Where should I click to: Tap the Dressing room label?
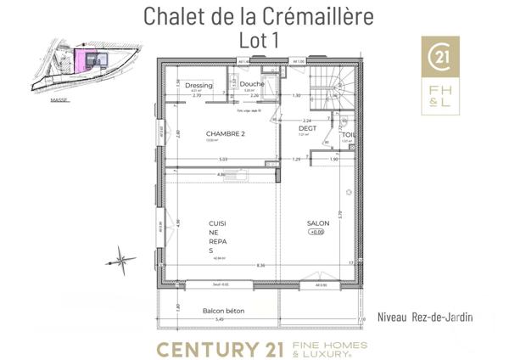tap(199, 86)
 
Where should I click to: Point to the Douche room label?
tap(252, 85)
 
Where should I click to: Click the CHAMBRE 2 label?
tap(226, 134)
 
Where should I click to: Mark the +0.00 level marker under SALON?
tap(316, 232)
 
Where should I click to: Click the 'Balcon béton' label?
tap(224, 311)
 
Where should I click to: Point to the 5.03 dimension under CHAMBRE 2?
tap(223, 159)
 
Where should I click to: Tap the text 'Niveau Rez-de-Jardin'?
tap(424, 318)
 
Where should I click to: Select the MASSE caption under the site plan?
tap(59, 99)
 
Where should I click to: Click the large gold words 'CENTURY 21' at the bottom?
tap(218, 347)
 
